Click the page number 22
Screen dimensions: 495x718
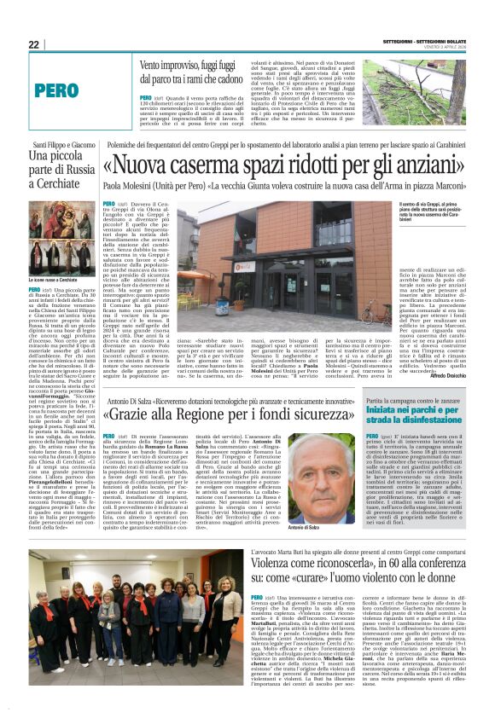coord(33,44)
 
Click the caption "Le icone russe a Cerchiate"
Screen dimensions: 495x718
coord(53,279)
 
